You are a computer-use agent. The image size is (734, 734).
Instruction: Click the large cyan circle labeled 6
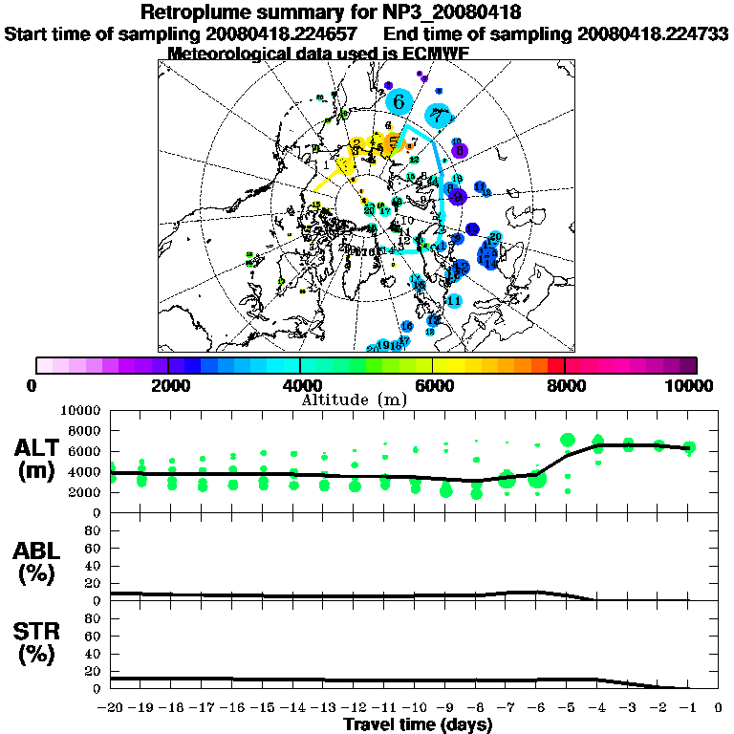pos(399,100)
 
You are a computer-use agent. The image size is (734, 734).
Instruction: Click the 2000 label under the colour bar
pos(168,385)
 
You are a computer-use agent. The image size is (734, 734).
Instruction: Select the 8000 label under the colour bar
pos(565,385)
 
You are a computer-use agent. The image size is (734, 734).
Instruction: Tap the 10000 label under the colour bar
pos(691,385)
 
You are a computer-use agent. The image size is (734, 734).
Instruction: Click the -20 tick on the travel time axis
pos(111,708)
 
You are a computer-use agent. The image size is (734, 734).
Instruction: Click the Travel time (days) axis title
pos(418,724)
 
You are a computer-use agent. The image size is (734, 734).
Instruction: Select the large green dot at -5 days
pos(568,441)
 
